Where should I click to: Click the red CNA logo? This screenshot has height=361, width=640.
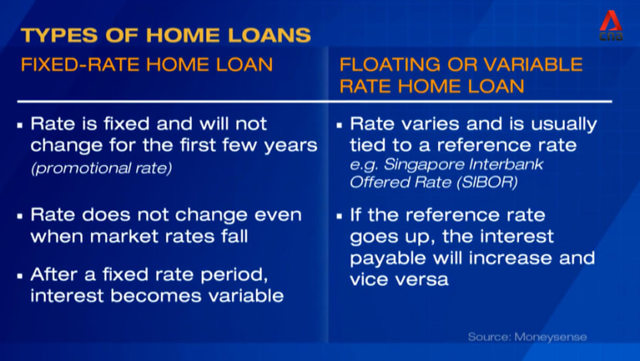(611, 25)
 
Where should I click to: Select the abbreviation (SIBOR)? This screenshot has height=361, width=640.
(487, 182)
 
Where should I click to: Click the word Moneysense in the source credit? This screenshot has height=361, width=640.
(551, 337)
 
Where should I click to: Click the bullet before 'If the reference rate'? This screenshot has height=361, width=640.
(339, 217)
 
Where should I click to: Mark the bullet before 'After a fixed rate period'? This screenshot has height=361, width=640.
(20, 276)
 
